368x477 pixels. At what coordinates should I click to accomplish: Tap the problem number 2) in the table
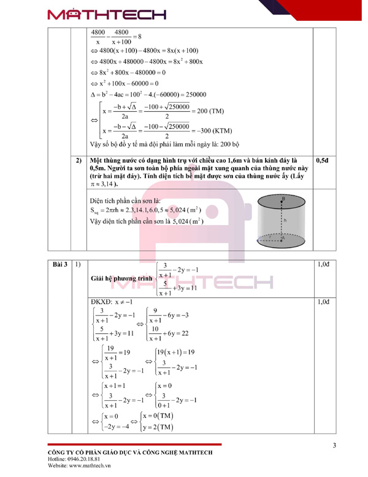pyautogui.click(x=78, y=160)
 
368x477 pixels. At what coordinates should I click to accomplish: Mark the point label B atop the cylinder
pyautogui.click(x=283, y=199)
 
